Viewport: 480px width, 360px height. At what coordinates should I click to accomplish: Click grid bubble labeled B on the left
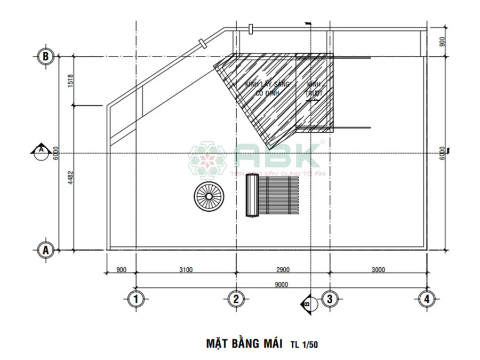(45, 55)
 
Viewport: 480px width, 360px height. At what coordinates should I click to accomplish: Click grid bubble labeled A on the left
(45, 249)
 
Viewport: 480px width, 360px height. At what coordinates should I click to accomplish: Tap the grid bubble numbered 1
(137, 299)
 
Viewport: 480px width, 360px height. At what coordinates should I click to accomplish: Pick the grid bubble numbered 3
(329, 299)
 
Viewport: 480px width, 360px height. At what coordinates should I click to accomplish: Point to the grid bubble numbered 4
(425, 299)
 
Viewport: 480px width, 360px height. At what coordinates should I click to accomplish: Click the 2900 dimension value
(283, 270)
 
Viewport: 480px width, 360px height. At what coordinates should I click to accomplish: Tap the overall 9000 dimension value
(282, 284)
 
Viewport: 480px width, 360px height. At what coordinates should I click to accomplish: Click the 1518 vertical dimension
(70, 81)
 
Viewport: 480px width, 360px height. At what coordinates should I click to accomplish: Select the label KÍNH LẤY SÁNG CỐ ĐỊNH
(267, 88)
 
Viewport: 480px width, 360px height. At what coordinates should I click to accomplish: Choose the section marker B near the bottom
(308, 302)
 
